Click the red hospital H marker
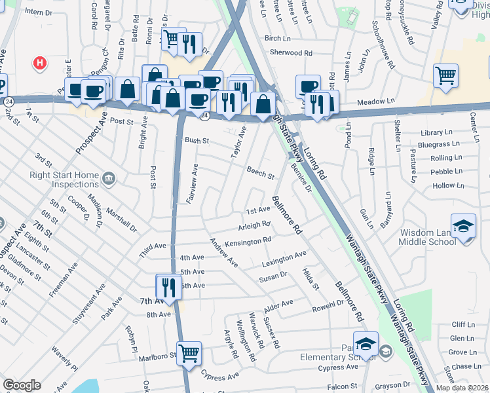41,63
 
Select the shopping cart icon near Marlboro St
189,353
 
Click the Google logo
22,385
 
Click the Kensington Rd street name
248,242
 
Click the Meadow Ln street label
376,102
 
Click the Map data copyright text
462,388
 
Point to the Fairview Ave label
192,184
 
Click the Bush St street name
196,140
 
